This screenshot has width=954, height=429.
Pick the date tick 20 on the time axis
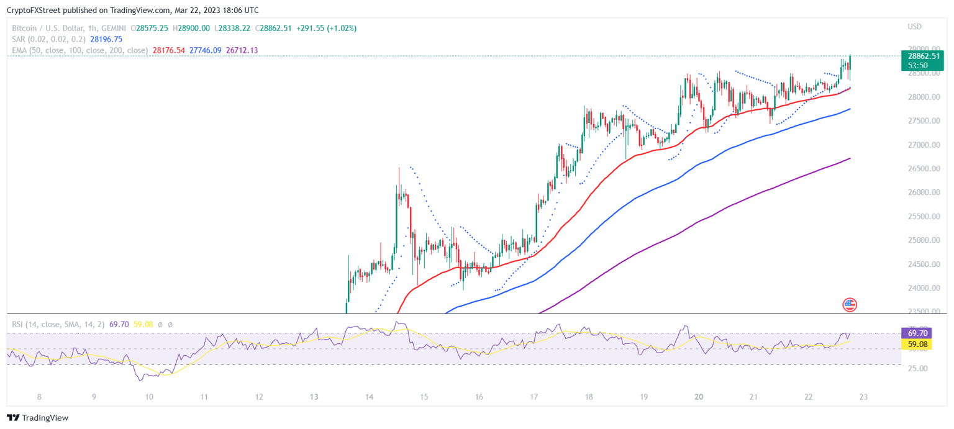coord(699,397)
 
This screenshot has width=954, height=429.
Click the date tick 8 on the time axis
coord(39,397)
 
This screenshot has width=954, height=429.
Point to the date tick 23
coord(863,397)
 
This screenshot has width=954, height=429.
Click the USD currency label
coord(915,27)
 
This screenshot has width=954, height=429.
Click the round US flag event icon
coord(850,304)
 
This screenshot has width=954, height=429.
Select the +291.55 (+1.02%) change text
coord(326,28)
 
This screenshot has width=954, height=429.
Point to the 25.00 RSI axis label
coord(912,369)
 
